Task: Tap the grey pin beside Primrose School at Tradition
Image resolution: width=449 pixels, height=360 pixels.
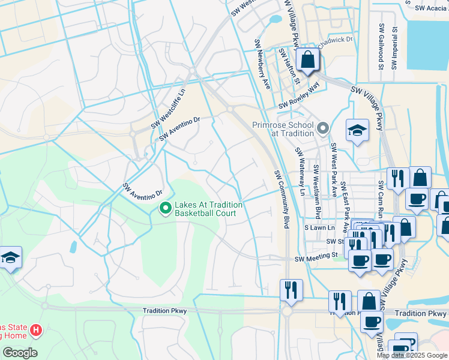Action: tap(324, 128)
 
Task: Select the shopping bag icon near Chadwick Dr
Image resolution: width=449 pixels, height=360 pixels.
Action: tap(307, 60)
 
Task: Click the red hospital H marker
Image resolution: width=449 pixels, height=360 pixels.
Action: tap(36, 330)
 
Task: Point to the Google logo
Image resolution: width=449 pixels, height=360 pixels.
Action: tap(19, 353)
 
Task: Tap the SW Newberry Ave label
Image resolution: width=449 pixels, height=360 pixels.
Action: tap(262, 64)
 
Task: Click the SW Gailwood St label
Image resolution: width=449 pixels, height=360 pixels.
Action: tap(381, 46)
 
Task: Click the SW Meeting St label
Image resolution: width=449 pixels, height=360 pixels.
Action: tap(316, 256)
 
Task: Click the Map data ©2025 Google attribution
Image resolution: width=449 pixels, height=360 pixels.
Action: tap(411, 355)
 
